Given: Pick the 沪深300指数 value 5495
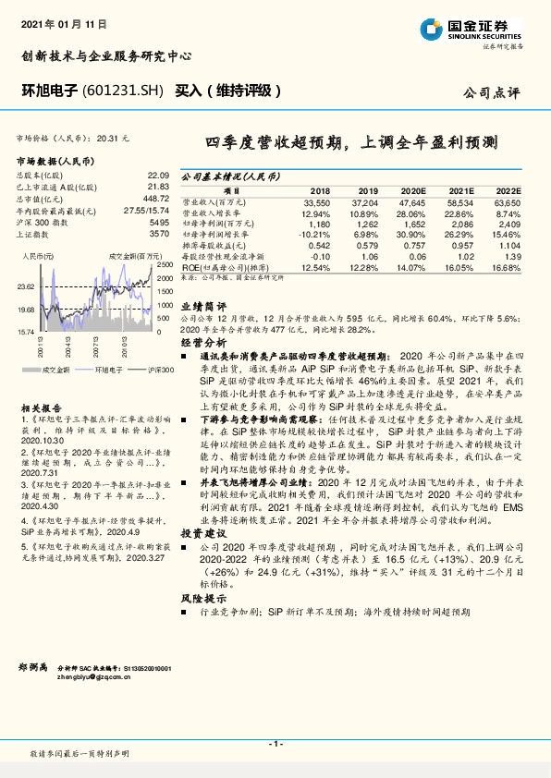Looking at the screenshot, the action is tap(158, 223).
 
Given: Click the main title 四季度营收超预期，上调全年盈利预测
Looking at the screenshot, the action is tap(351, 142).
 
